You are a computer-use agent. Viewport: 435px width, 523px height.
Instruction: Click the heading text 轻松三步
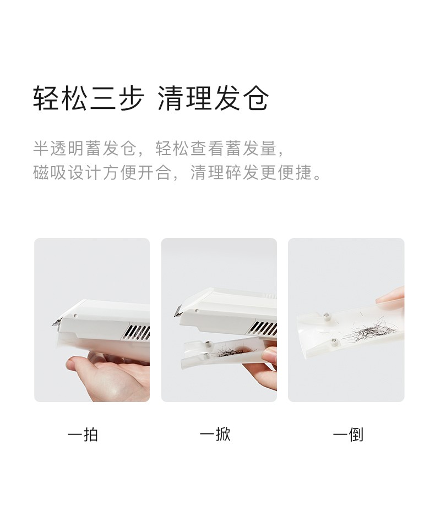click(89, 98)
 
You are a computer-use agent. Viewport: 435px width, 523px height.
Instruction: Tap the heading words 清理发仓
click(213, 98)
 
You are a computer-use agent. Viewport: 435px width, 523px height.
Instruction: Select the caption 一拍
click(83, 434)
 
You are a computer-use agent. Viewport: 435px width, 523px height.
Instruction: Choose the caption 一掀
click(215, 434)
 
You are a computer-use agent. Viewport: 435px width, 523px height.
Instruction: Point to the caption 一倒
click(348, 434)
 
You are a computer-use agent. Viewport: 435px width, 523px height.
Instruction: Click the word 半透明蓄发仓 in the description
click(85, 148)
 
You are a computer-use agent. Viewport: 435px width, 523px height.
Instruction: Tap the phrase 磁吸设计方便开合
click(102, 173)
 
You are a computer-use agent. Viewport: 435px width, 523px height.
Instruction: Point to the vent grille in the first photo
click(137, 332)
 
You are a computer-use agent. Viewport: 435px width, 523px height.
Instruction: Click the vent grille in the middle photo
click(263, 328)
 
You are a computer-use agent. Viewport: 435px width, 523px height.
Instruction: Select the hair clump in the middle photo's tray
click(233, 351)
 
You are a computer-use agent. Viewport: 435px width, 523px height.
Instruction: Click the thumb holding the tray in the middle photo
click(269, 354)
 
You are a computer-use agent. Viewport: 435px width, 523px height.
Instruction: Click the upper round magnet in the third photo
click(327, 315)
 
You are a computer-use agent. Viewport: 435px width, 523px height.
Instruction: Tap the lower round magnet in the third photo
click(334, 340)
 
